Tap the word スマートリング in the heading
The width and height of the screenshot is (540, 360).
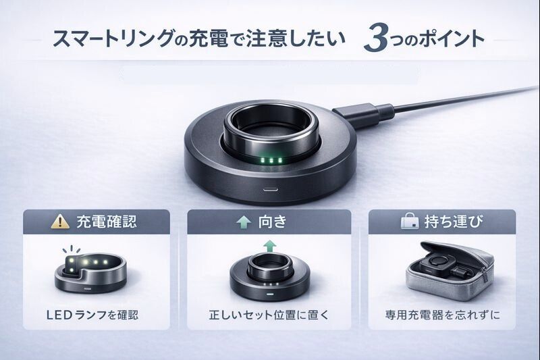(113, 38)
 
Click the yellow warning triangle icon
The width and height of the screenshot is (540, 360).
(60, 222)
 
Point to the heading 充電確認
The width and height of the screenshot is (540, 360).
(107, 222)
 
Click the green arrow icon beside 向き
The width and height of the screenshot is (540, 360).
(244, 222)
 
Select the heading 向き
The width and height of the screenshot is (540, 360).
(273, 222)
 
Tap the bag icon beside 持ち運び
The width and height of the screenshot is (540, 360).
(410, 221)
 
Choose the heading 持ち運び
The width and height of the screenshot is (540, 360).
(454, 222)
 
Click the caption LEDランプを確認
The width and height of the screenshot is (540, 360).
(92, 315)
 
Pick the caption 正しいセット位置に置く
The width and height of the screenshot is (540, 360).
(269, 315)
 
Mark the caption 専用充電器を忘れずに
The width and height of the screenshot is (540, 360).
(442, 315)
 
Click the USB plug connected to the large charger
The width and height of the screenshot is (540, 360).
(363, 113)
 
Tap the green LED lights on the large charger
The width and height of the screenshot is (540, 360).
(271, 160)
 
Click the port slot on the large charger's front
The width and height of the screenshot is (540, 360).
(271, 189)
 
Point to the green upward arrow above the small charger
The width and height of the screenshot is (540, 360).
(269, 247)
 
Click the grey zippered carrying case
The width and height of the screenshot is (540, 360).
(450, 271)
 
